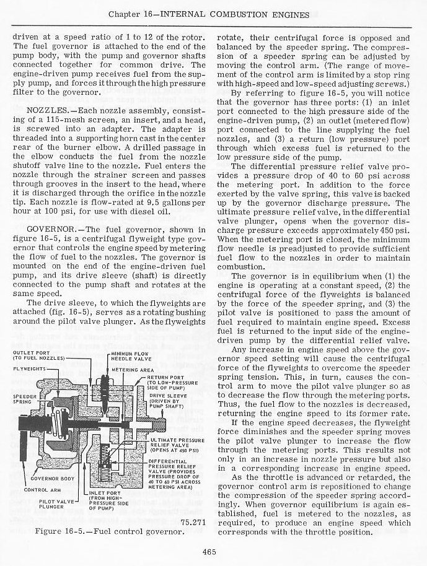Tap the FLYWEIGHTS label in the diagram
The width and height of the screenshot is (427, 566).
click(x=30, y=369)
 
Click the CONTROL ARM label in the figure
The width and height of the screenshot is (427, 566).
click(x=40, y=489)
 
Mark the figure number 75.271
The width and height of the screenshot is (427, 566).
click(x=193, y=521)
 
